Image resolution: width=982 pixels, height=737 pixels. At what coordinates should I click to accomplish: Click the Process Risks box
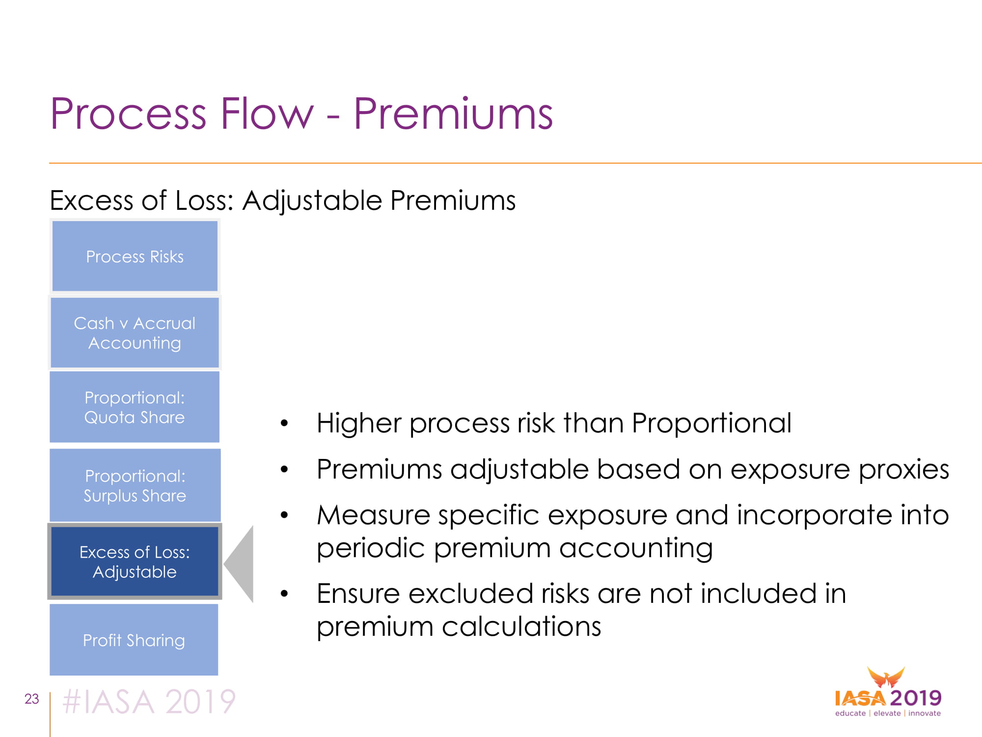pyautogui.click(x=135, y=256)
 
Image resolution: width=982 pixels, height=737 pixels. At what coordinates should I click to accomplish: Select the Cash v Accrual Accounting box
pyautogui.click(x=135, y=333)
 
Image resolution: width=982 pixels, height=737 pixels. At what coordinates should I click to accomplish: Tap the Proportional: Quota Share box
pyautogui.click(x=135, y=407)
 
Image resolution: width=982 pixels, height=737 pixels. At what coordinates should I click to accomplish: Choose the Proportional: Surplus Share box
pyautogui.click(x=135, y=485)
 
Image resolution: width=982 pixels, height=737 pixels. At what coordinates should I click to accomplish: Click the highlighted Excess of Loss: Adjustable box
pyautogui.click(x=135, y=562)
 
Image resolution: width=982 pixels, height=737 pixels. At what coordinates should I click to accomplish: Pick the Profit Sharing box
pyautogui.click(x=134, y=640)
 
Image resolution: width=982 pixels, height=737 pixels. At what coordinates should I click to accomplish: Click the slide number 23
pyautogui.click(x=32, y=699)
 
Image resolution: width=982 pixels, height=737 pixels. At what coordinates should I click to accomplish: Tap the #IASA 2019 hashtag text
pyautogui.click(x=149, y=701)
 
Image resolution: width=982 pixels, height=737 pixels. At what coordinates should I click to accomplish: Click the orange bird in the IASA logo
pyautogui.click(x=886, y=678)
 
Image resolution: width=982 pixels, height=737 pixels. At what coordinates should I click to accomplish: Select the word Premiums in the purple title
pyautogui.click(x=453, y=114)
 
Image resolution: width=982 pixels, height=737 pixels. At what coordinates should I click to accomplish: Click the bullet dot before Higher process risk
pyautogui.click(x=284, y=423)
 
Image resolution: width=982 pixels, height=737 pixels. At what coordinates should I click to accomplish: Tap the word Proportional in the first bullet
pyautogui.click(x=711, y=423)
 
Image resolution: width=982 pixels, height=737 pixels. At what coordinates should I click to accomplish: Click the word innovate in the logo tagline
pyautogui.click(x=925, y=713)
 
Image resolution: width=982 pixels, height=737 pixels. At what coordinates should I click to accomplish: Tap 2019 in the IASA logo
pyautogui.click(x=916, y=698)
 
